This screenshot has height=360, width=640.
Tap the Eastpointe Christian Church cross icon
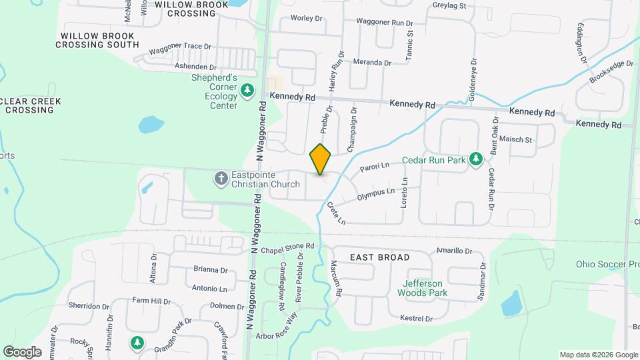[221, 178]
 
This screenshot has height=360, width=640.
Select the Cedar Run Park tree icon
[475, 159]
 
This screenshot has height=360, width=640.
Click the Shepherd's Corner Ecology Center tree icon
[247, 89]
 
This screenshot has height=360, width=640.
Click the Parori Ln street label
[374, 167]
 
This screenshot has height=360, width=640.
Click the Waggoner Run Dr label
[385, 22]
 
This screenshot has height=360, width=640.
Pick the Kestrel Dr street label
[416, 319]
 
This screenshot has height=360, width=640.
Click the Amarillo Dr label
[454, 251]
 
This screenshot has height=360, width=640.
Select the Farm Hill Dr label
[151, 301]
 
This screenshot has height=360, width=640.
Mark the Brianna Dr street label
[210, 269]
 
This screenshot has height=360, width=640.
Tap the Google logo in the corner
[23, 351]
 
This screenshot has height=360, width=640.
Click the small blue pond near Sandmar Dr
[511, 303]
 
